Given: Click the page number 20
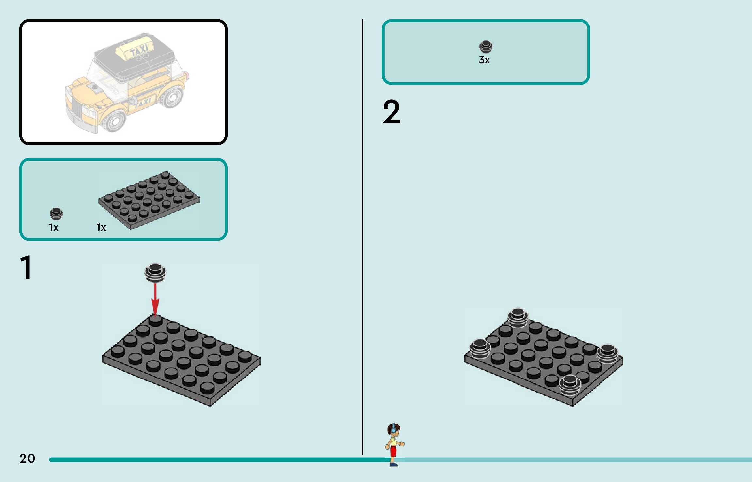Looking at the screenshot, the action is point(27,458).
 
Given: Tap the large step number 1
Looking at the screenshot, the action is point(26,268).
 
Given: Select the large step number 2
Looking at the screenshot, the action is point(392,112).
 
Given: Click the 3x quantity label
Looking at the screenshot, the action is point(484,60).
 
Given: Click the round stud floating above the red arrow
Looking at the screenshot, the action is point(155,272).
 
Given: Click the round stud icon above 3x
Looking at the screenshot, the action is point(486,47).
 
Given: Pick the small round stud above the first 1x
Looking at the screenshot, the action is point(56,214).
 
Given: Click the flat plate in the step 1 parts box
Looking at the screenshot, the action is point(149,200).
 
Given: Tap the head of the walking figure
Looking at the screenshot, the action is point(393,429).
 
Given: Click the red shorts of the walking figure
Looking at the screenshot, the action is point(393,451).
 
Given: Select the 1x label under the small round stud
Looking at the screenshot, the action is point(54,227).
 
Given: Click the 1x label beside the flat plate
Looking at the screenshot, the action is point(101,227).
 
